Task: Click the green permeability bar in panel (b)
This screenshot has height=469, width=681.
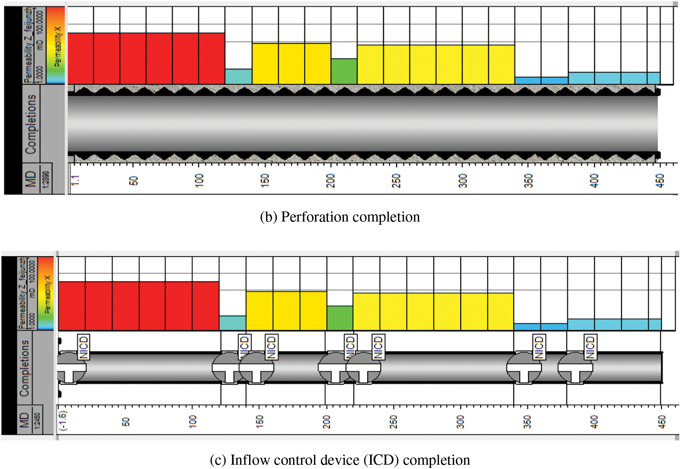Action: pos(344,71)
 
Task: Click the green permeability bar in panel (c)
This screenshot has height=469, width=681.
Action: pos(340,318)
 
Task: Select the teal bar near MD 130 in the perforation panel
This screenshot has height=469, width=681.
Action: pos(238,76)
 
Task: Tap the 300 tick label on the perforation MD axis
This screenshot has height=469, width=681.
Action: pos(463,180)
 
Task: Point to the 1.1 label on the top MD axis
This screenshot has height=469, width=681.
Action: pos(75,180)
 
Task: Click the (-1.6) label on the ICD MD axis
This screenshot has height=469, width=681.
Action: pos(63,421)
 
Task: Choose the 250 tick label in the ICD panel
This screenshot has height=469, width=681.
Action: pos(393,421)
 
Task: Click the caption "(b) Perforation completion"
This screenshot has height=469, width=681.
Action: pos(340,217)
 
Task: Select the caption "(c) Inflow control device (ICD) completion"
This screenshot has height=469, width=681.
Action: pos(340,460)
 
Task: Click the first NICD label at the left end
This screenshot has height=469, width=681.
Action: pos(83,347)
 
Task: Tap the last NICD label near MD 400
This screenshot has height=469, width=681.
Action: pos(590,347)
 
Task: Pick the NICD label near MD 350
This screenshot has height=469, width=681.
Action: pos(539,347)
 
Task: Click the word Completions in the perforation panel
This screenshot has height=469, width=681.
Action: pos(31,124)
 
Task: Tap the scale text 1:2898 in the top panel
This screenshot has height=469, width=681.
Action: pos(46,179)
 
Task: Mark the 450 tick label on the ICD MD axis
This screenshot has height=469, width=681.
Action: pos(662,421)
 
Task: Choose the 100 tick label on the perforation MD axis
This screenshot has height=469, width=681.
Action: pos(199,180)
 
